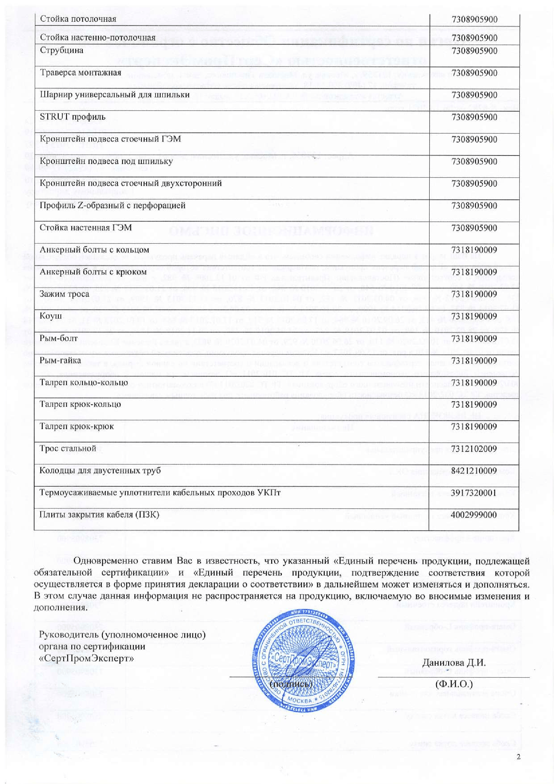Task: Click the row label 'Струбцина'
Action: click(62, 51)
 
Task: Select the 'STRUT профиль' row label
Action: click(73, 117)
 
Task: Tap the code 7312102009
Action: click(474, 449)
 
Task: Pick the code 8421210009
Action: click(474, 471)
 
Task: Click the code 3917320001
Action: click(474, 493)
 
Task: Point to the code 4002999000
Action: click(474, 515)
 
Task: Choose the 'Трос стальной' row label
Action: click(68, 448)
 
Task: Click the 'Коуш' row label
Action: click(51, 316)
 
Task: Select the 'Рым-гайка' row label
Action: click(60, 360)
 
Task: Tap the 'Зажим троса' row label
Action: click(64, 294)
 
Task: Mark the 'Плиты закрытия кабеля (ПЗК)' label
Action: click(99, 515)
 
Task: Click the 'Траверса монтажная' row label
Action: click(80, 73)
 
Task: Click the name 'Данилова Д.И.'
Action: click(454, 663)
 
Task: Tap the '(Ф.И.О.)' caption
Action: click(454, 684)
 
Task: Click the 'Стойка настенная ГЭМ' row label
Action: click(86, 227)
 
